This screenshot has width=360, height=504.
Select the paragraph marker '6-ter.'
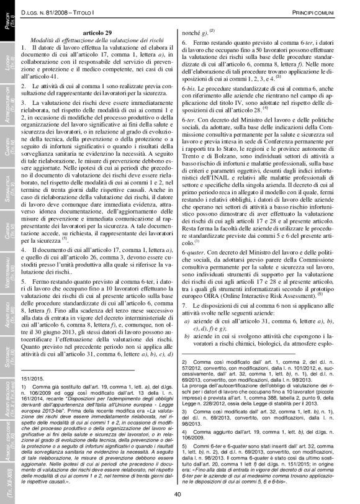pyautogui.click(x=189, y=134)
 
